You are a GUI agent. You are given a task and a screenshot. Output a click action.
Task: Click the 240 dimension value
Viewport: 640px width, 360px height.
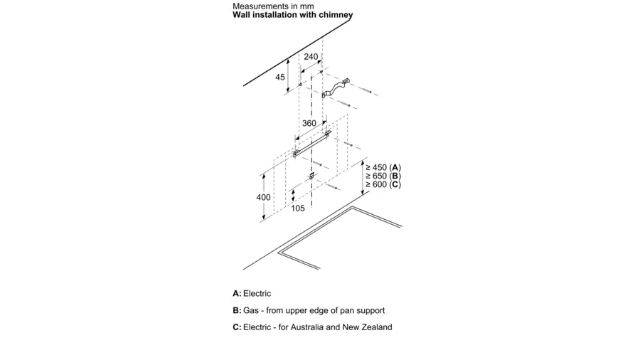311,57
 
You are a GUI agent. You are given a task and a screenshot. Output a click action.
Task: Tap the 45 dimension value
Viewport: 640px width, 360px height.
280,77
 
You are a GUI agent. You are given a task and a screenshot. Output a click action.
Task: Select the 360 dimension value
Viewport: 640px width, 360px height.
309,123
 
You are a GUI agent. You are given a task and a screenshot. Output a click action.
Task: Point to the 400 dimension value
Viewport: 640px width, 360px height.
263,198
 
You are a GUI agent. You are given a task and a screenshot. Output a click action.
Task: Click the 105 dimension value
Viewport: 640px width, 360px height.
297,208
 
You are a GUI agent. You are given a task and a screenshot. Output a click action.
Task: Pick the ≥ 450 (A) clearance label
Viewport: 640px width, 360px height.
383,167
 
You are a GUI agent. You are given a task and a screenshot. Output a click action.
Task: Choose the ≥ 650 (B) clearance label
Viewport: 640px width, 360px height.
383,176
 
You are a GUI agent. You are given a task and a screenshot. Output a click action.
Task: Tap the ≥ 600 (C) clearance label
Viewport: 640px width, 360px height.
383,184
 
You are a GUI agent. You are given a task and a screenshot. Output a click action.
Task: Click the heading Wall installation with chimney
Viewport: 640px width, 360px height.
293,15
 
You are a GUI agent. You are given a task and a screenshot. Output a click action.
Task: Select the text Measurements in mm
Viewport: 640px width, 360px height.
273,6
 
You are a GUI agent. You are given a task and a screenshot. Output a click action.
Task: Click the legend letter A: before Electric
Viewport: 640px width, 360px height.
237,293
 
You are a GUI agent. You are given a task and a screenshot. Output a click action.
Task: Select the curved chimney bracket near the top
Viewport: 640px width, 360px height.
336,88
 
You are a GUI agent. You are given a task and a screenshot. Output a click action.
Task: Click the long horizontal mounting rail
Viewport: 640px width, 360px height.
312,143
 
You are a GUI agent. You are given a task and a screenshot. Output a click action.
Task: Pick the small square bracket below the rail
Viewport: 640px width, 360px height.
312,176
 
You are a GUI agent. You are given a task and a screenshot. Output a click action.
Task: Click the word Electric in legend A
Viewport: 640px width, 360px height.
257,293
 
